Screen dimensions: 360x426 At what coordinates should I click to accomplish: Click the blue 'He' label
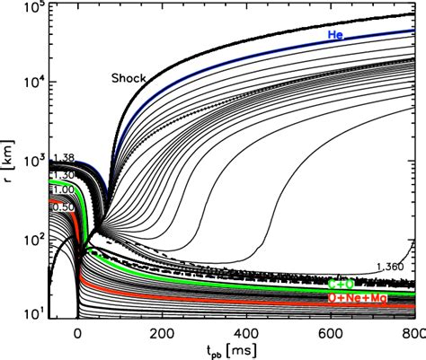[x=336, y=35]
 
